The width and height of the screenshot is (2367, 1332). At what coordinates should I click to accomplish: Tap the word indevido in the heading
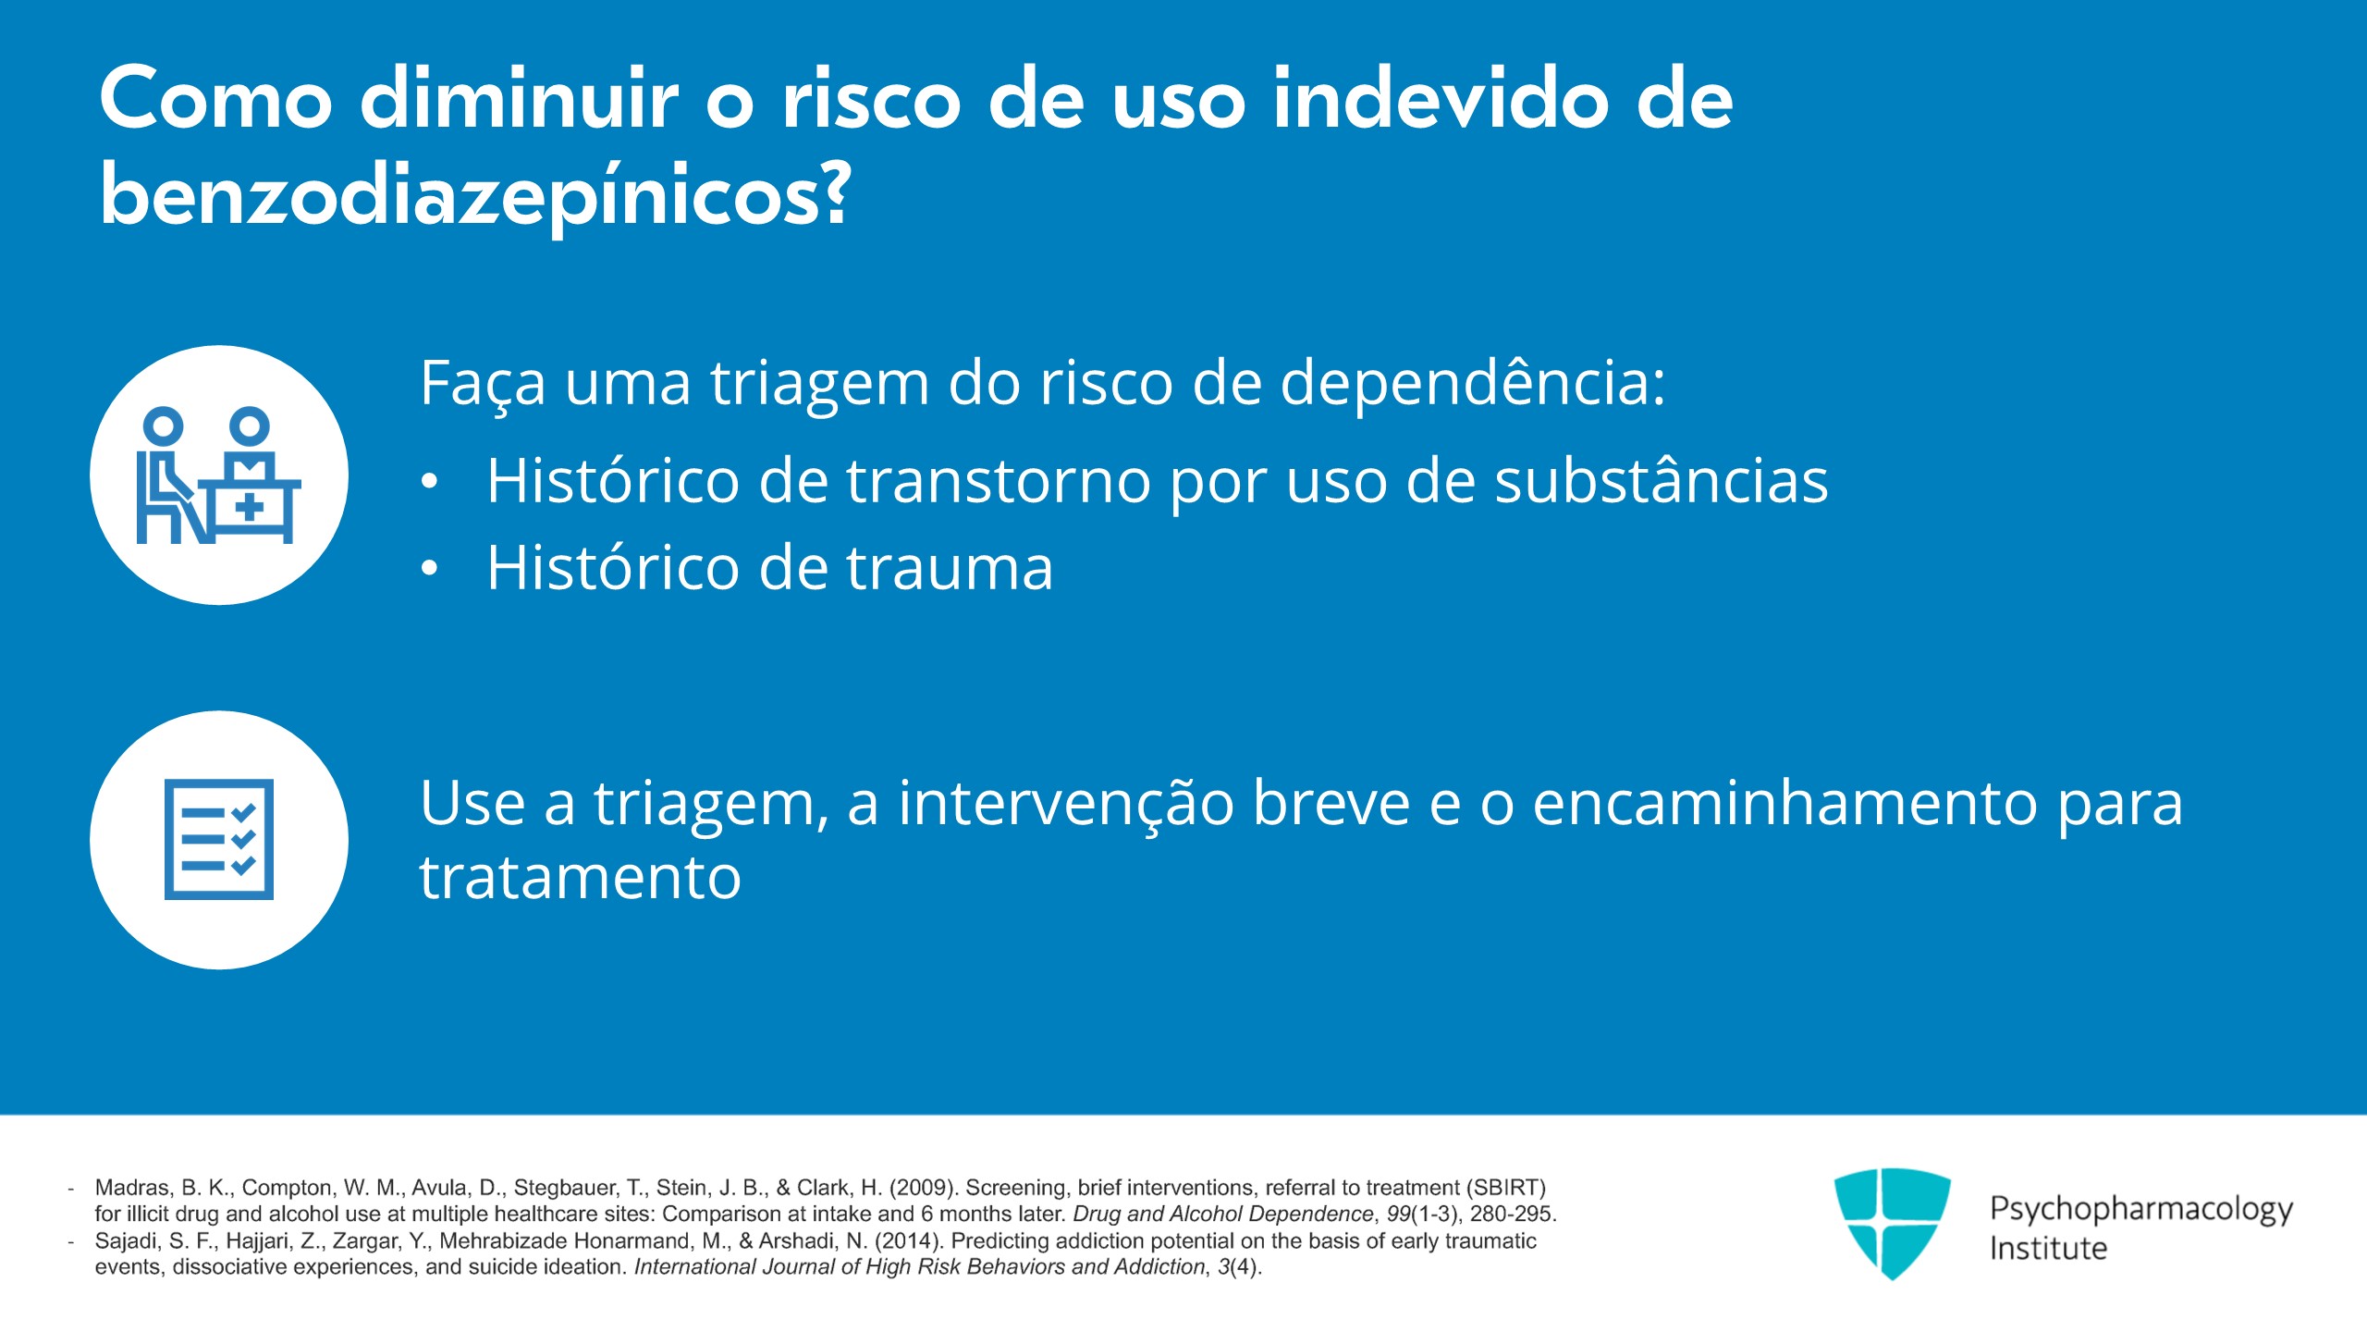point(1441,99)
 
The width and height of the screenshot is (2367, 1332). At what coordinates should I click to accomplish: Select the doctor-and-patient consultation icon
point(219,475)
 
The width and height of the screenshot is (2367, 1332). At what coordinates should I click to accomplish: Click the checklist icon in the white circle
point(219,839)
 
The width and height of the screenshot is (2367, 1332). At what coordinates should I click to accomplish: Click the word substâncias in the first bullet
point(1662,480)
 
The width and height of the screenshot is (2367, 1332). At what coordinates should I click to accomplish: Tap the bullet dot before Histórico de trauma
point(428,570)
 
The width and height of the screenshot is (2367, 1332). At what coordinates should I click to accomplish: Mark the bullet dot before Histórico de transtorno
point(428,482)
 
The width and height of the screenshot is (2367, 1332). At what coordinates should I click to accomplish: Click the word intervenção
point(1066,804)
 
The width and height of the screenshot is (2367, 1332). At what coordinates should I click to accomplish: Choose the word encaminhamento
point(1785,804)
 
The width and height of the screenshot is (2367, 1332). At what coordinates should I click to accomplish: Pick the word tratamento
point(581,877)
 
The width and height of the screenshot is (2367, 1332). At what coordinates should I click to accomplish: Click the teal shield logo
point(1892,1224)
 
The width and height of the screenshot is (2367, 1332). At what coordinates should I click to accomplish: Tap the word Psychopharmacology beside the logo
point(2141,1209)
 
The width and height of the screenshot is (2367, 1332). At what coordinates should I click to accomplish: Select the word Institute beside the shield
point(2048,1248)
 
